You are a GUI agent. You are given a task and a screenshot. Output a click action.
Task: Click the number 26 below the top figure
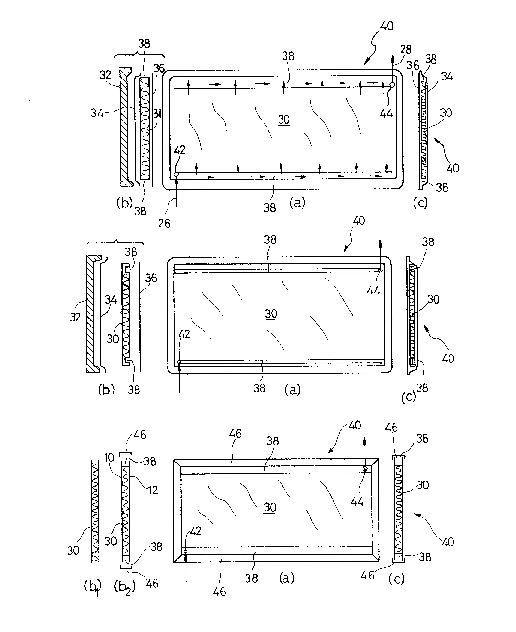(x=164, y=223)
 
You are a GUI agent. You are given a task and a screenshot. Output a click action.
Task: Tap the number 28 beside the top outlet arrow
(x=406, y=49)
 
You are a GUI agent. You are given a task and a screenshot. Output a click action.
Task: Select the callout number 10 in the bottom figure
(x=109, y=457)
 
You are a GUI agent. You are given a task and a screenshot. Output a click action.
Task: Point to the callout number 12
(x=153, y=490)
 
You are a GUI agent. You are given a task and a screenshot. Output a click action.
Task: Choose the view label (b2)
(x=124, y=587)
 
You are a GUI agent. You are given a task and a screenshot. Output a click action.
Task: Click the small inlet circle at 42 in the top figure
(x=176, y=174)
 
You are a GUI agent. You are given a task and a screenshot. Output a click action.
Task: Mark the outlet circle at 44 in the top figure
(x=392, y=85)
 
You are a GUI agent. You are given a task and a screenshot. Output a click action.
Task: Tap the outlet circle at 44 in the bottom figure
(x=365, y=469)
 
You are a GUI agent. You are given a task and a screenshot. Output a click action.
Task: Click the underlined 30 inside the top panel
(x=284, y=120)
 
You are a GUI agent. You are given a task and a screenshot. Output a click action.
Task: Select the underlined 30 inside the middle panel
(x=271, y=314)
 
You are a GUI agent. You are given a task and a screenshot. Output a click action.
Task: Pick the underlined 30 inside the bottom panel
(x=270, y=507)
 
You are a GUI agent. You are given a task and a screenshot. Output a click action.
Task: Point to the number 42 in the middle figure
(x=184, y=334)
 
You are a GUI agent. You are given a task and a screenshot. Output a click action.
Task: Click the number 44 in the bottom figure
(x=357, y=502)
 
